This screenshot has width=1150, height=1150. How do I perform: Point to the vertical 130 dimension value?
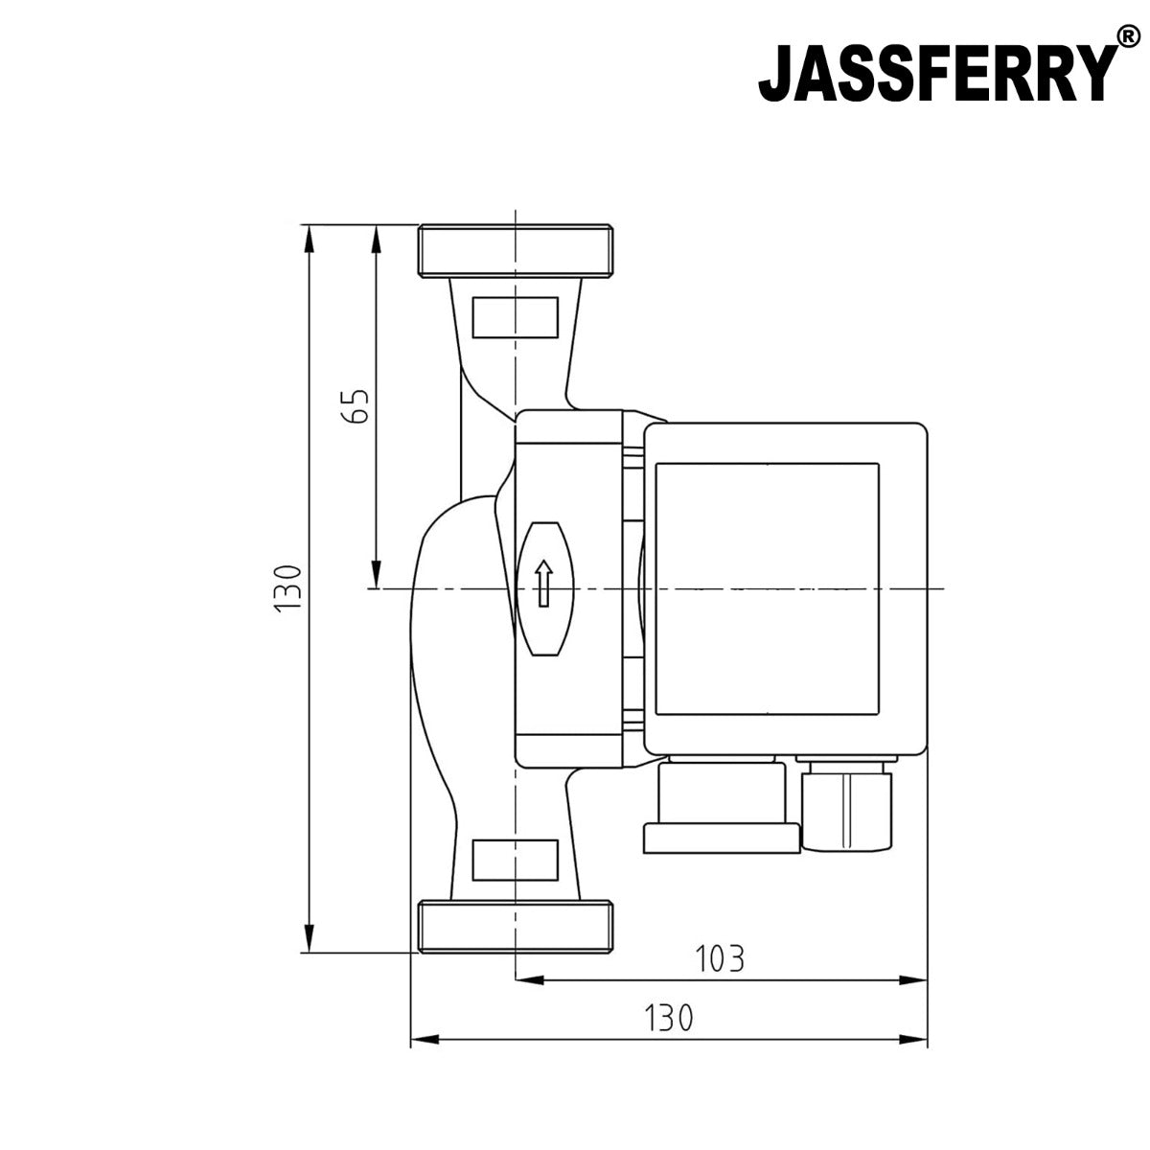[x=287, y=588]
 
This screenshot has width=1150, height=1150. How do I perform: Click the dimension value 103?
[x=719, y=957]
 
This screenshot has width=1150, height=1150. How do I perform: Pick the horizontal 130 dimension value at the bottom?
[x=667, y=1017]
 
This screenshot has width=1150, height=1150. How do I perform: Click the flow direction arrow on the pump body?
[x=542, y=584]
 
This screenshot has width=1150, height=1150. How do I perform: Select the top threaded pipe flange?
[x=516, y=251]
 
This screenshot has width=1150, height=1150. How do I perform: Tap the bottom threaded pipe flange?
[x=516, y=927]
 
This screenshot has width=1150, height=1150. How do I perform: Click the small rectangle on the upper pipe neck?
[x=516, y=316]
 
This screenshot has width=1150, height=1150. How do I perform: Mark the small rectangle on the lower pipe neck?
[x=516, y=860]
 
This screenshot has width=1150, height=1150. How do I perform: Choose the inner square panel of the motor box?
[x=767, y=588]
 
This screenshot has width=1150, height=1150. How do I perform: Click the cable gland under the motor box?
[x=849, y=804]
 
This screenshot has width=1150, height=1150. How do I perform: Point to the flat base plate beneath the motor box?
[x=721, y=839]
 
